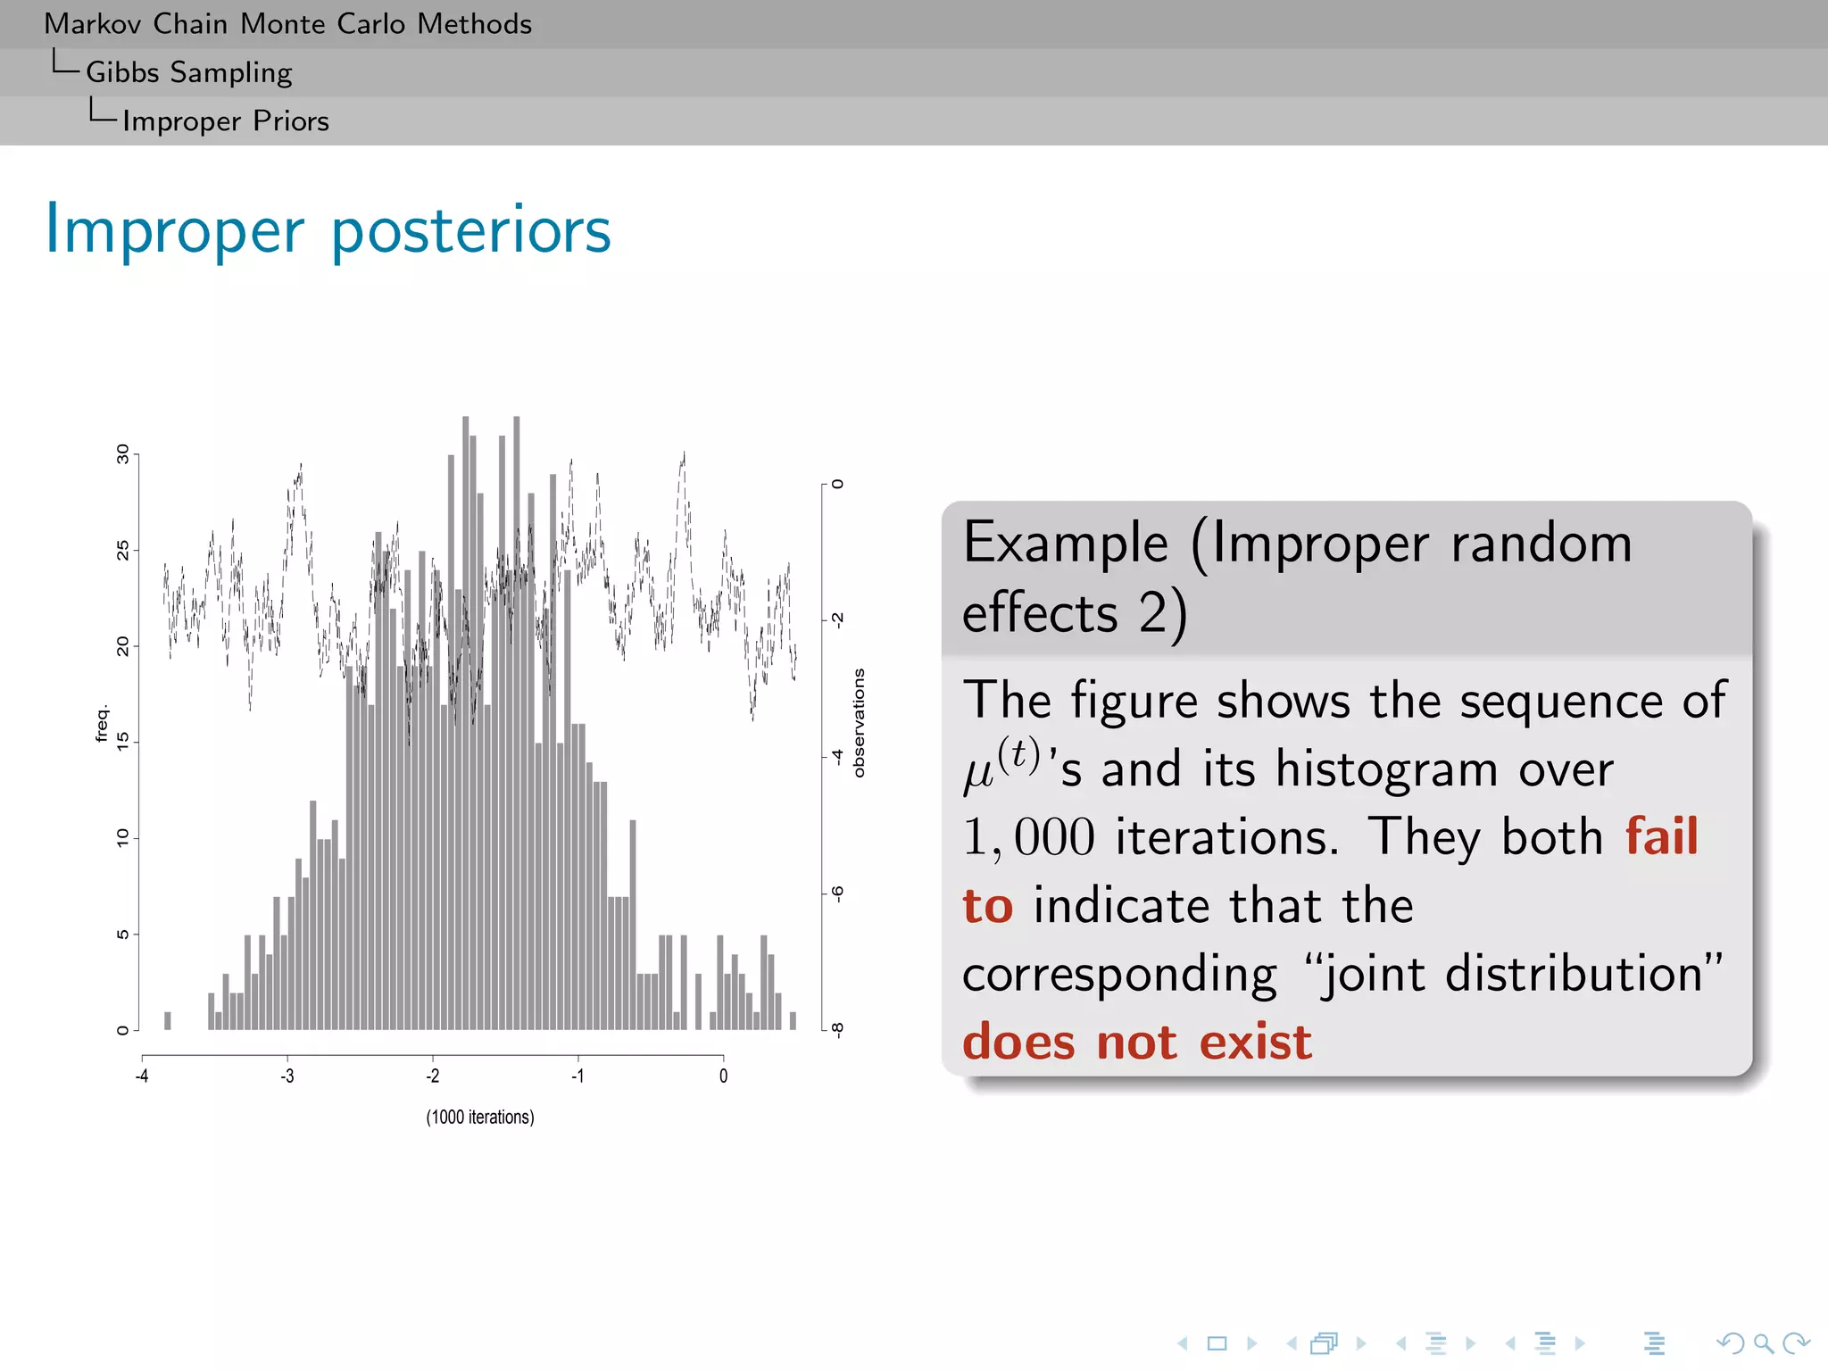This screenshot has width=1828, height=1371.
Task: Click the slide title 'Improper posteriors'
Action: (328, 230)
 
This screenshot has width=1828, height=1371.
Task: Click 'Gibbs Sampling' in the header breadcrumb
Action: (188, 72)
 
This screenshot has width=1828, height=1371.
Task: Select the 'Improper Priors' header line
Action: (225, 120)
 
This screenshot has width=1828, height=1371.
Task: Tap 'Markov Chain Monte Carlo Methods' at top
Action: (287, 24)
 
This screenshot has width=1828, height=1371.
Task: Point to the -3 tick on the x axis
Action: (287, 1076)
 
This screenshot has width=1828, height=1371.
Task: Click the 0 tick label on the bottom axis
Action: (723, 1076)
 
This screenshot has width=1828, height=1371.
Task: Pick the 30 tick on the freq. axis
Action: (123, 453)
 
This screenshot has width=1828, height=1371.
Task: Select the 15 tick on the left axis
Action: (123, 741)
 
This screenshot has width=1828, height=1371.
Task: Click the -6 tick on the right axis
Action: (837, 893)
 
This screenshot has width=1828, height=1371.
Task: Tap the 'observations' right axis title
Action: (859, 723)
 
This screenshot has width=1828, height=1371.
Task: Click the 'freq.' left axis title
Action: (102, 723)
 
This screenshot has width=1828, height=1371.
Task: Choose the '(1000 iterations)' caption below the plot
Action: (480, 1117)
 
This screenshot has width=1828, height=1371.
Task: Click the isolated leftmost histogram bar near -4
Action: (168, 1020)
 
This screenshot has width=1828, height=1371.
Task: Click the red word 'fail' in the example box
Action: (1660, 836)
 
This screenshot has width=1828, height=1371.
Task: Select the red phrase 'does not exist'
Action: (1137, 1042)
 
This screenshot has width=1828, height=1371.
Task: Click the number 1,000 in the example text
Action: (1028, 837)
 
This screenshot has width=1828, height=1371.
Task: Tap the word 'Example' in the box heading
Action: (1066, 543)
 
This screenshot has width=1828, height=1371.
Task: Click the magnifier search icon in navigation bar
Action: (1762, 1342)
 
